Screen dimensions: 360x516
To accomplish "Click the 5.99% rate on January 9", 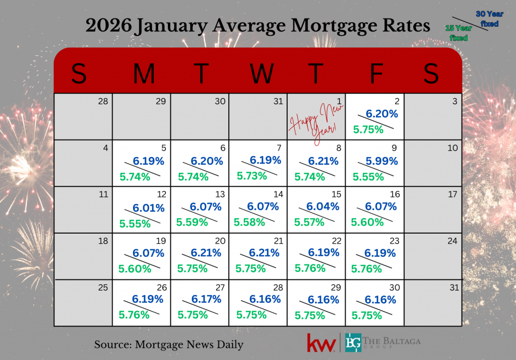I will pos(381,161).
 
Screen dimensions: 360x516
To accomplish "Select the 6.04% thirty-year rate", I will pos(323,206).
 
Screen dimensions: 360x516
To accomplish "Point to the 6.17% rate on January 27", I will pos(206,299).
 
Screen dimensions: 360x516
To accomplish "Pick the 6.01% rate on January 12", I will pos(149,208).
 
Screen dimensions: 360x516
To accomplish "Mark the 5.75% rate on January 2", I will pos(368,129).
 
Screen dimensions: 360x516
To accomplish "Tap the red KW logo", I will pos(321,342).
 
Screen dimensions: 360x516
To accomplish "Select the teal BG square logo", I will pos(354,342).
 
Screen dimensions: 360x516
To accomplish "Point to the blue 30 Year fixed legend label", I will pos(489,19).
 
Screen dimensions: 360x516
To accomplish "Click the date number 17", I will pos(453,194).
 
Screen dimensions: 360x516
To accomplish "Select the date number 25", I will pos(102,287).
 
